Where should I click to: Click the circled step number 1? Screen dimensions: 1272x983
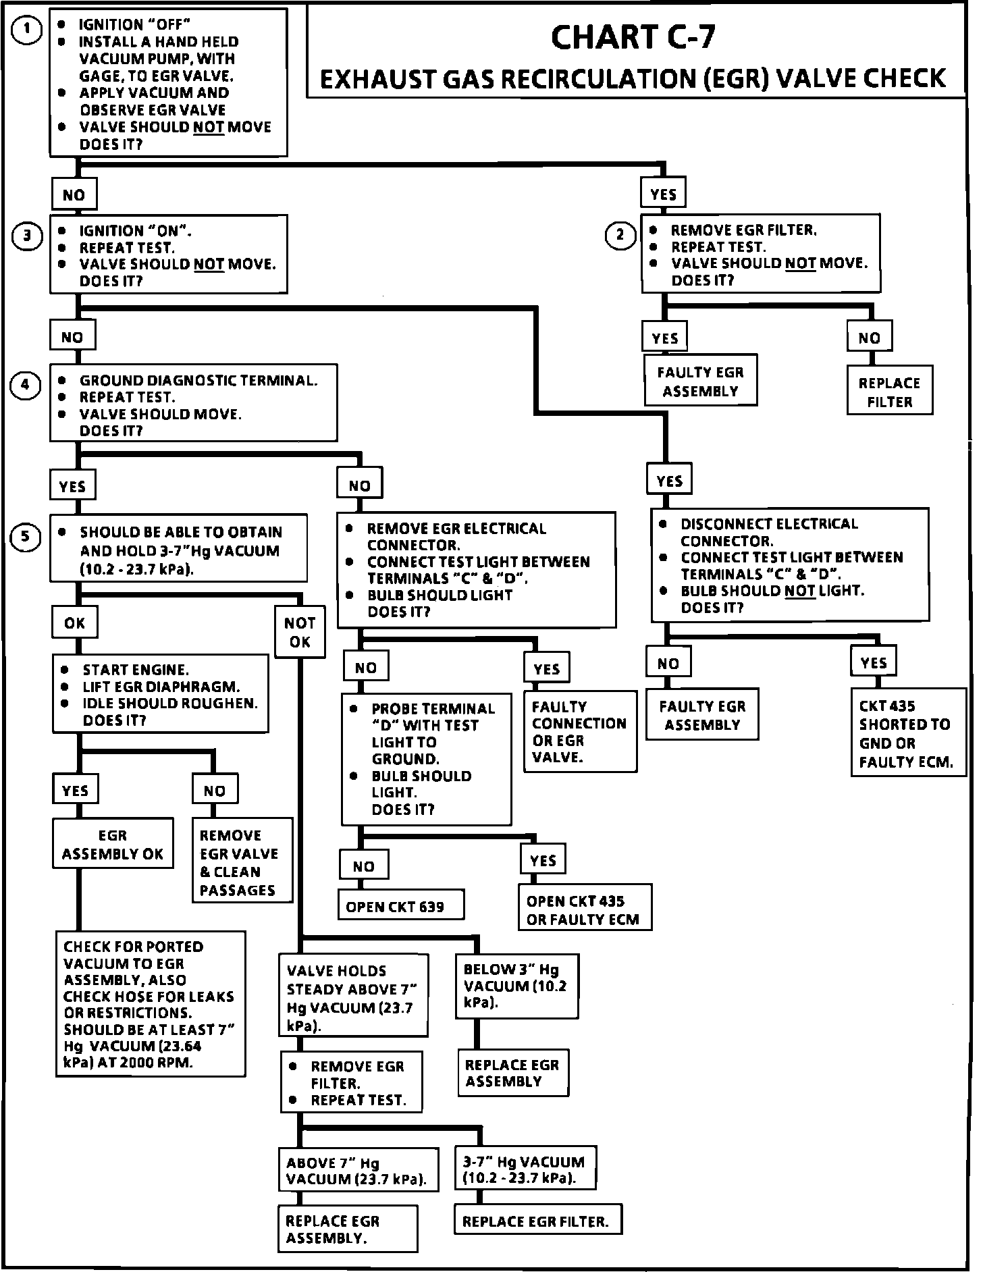pyautogui.click(x=26, y=30)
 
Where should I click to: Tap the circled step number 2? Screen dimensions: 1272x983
pyautogui.click(x=620, y=235)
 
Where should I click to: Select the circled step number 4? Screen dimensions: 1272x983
pyautogui.click(x=26, y=385)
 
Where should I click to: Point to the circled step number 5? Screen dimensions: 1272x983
pyautogui.click(x=26, y=537)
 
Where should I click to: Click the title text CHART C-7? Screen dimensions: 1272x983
pyautogui.click(x=633, y=37)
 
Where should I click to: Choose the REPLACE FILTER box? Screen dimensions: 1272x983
pyautogui.click(x=889, y=392)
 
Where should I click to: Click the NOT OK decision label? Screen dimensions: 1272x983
pyautogui.click(x=299, y=632)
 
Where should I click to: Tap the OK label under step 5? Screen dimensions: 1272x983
pyautogui.click(x=74, y=622)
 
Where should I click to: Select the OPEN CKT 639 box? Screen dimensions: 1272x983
pyautogui.click(x=400, y=906)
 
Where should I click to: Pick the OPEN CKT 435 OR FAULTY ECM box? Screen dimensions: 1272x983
pyautogui.click(x=584, y=909)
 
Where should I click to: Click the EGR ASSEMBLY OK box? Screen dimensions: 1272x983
pyautogui.click(x=113, y=844)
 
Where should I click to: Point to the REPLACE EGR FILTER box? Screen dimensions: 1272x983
pyautogui.click(x=537, y=1221)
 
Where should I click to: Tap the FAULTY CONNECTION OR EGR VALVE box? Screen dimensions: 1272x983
pyautogui.click(x=580, y=731)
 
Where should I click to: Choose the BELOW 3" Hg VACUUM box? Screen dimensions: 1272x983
pyautogui.click(x=516, y=986)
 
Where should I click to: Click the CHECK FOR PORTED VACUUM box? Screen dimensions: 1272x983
pyautogui.click(x=150, y=1004)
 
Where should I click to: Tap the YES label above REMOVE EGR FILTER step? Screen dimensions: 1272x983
pyautogui.click(x=664, y=194)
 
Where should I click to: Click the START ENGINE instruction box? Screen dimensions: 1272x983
pyautogui.click(x=160, y=694)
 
